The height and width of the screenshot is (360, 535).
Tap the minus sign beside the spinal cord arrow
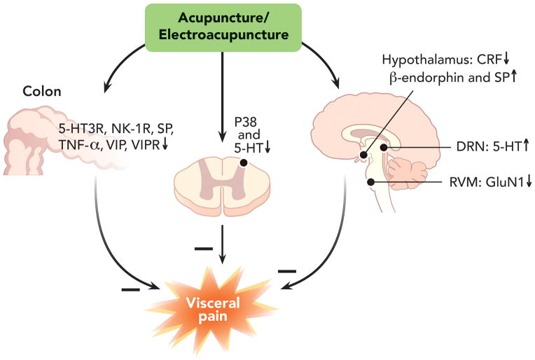pos(202,249)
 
